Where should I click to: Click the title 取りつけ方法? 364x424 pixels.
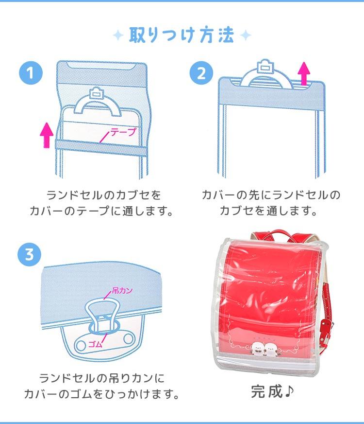(x=182, y=35)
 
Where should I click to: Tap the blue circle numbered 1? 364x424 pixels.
(x=31, y=73)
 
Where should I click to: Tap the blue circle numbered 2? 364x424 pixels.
(x=201, y=73)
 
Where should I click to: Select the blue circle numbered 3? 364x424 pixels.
(x=30, y=255)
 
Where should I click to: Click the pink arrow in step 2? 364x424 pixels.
(x=304, y=73)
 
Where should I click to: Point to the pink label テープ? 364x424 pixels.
(x=123, y=132)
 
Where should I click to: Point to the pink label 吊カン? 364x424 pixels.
(x=122, y=291)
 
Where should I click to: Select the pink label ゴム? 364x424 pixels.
(x=96, y=344)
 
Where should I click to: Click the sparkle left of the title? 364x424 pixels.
(x=118, y=35)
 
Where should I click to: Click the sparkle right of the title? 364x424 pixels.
(x=245, y=35)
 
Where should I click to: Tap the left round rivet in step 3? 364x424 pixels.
(x=81, y=345)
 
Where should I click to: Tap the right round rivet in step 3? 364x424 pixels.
(x=128, y=338)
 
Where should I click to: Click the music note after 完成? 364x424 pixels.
(x=289, y=391)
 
